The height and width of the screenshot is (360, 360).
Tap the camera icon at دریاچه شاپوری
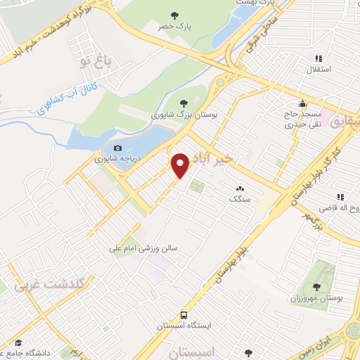point(117,148)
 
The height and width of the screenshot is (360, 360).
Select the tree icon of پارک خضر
point(175,14)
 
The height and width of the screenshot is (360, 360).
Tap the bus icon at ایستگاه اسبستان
point(184,315)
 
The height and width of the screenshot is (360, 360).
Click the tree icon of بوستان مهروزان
point(316,286)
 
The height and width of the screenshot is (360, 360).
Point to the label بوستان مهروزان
point(316,298)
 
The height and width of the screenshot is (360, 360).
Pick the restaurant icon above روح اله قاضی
point(340,197)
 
